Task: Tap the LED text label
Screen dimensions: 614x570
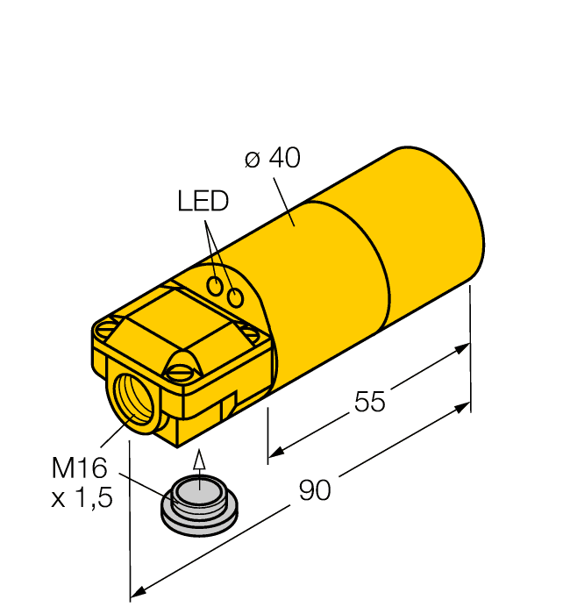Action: (x=203, y=202)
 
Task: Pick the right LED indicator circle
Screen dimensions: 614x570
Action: (x=235, y=297)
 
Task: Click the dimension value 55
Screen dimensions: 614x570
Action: (x=369, y=402)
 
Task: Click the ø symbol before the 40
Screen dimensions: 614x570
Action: (x=253, y=159)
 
